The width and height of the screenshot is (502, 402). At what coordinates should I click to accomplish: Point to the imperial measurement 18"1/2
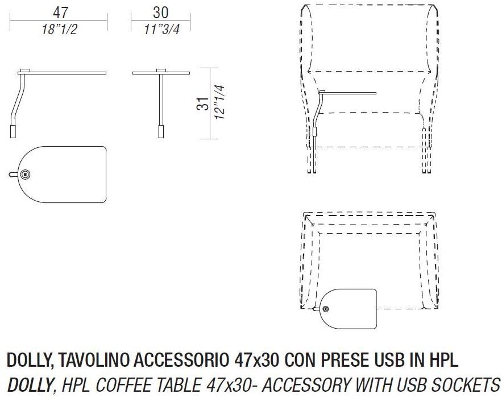pos(59,30)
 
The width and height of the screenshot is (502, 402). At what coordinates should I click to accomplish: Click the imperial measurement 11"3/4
pos(161,30)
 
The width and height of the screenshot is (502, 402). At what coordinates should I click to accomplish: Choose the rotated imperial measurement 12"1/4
pos(219,102)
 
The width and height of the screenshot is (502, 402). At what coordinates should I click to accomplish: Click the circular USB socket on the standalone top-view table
pos(25,174)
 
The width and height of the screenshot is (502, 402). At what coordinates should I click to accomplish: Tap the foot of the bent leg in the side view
pos(13,131)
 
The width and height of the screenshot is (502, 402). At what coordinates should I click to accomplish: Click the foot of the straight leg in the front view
pos(161,131)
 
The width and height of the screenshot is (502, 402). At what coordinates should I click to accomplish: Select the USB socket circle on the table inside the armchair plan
pos(326,309)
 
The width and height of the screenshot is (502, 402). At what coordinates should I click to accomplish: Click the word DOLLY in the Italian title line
pos(27,360)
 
